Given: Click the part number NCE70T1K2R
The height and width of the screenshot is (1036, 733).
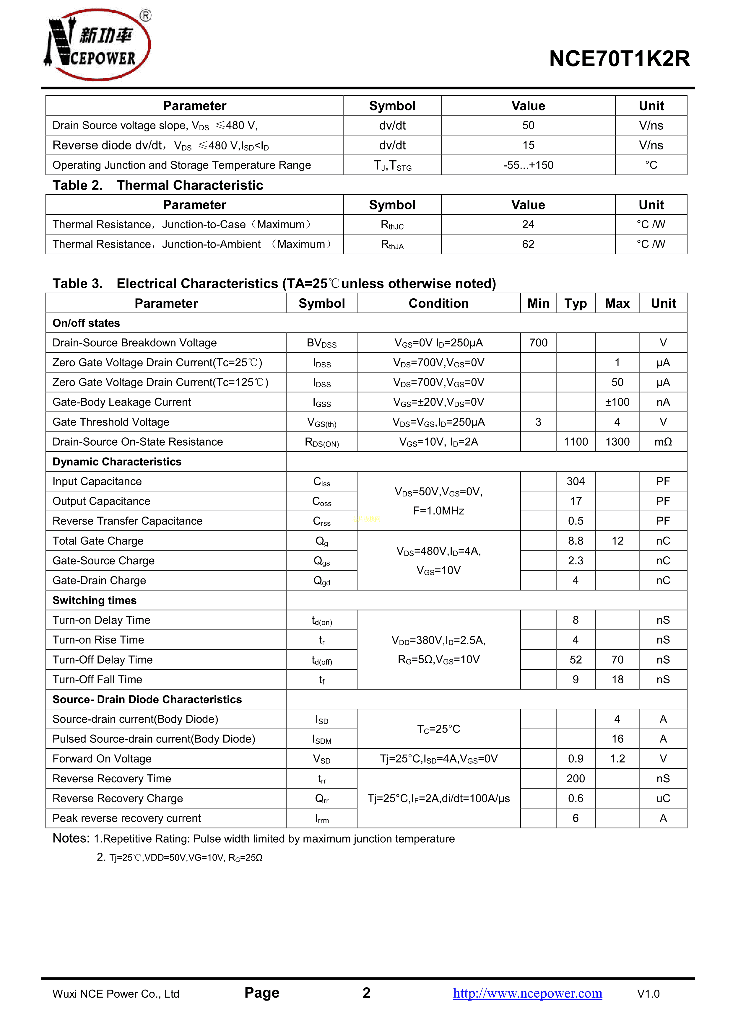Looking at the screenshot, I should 619,59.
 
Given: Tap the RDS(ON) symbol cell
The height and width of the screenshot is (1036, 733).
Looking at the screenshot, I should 322,442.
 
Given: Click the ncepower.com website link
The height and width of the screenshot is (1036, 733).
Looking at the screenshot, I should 527,993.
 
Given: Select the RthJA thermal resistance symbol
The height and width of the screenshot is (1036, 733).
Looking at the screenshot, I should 392,245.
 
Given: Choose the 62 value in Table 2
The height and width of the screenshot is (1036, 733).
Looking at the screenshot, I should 528,244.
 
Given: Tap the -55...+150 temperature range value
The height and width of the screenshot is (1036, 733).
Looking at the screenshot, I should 528,165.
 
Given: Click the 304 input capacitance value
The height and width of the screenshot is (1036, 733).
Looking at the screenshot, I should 576,481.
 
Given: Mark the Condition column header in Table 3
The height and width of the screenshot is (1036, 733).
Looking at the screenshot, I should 438,303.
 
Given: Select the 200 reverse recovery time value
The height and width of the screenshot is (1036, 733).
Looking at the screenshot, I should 576,778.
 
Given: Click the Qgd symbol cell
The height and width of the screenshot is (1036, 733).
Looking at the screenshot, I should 322,581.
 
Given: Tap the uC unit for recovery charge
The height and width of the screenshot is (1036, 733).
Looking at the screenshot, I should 663,798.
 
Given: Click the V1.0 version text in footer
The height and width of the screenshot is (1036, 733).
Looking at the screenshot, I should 648,993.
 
